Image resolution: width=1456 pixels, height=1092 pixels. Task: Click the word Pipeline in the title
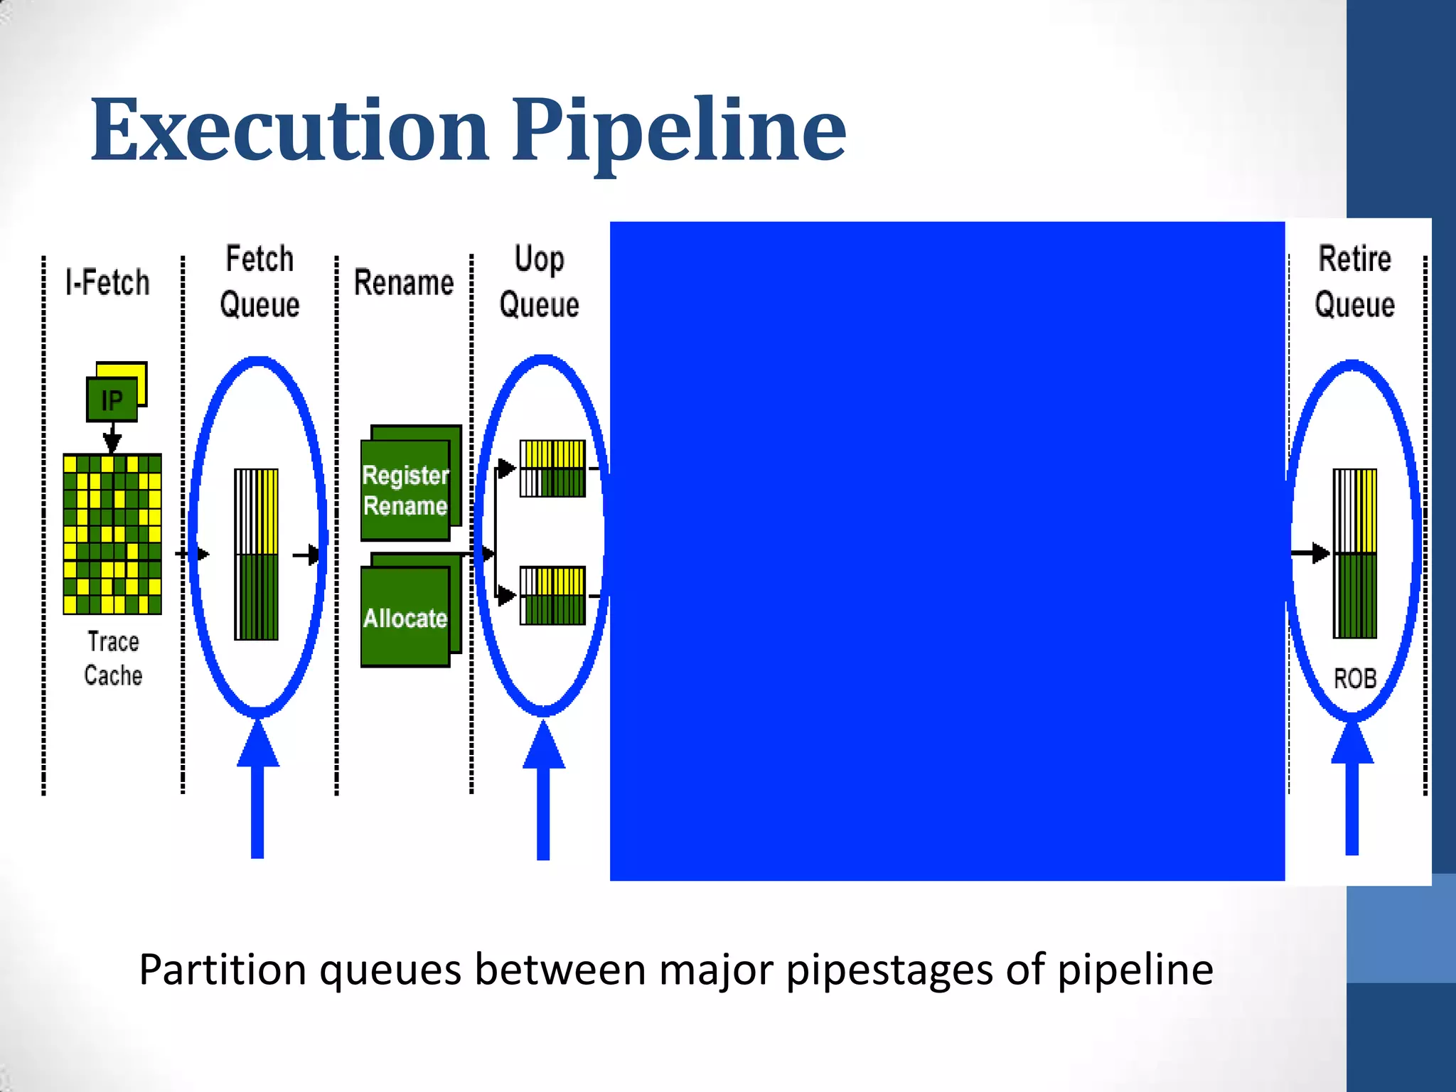[x=679, y=132]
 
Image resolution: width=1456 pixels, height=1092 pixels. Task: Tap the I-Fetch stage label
[x=107, y=282]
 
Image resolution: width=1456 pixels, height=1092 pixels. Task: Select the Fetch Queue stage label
[x=259, y=282]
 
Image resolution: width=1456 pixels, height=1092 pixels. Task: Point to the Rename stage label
[x=404, y=283]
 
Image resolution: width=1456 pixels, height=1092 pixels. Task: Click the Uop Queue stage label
[x=540, y=282]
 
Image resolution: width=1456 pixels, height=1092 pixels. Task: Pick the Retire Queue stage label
[x=1354, y=282]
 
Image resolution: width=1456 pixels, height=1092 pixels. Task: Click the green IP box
[x=112, y=400]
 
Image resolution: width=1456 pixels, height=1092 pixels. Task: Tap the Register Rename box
[x=405, y=490]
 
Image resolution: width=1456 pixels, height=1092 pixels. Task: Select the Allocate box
[x=405, y=617]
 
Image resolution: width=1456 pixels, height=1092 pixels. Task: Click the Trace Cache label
[x=113, y=658]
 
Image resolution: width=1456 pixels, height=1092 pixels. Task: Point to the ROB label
[x=1354, y=678]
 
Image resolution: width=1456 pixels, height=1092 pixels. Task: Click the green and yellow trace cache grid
[x=112, y=533]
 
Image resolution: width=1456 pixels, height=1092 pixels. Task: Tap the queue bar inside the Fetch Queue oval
[x=257, y=554]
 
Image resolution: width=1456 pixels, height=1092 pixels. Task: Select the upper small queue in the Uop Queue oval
[x=552, y=469]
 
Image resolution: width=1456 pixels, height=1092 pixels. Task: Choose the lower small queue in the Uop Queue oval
[x=552, y=595]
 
